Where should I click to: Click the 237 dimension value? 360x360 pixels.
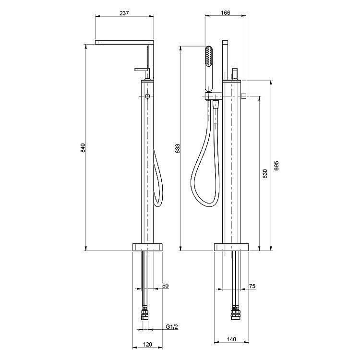[124, 13]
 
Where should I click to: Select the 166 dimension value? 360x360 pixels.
[226, 12]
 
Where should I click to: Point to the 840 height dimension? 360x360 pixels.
[83, 148]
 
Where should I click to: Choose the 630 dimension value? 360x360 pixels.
[264, 174]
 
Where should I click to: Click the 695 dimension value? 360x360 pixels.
[276, 165]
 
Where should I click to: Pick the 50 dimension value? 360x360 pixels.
[165, 286]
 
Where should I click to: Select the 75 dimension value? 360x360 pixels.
[252, 286]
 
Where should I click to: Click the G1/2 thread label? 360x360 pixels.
[172, 326]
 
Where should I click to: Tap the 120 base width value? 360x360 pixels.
[147, 345]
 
